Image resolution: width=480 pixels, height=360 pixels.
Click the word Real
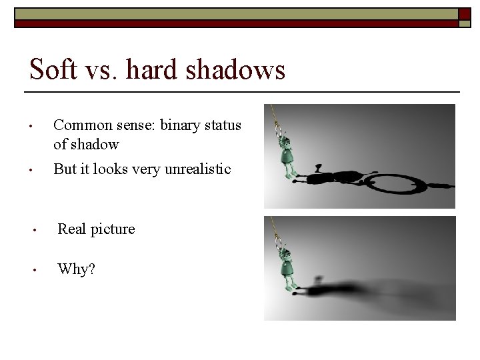coord(71,229)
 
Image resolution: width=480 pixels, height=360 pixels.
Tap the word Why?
coord(76,269)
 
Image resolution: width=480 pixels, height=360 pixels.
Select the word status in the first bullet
coord(225,125)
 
